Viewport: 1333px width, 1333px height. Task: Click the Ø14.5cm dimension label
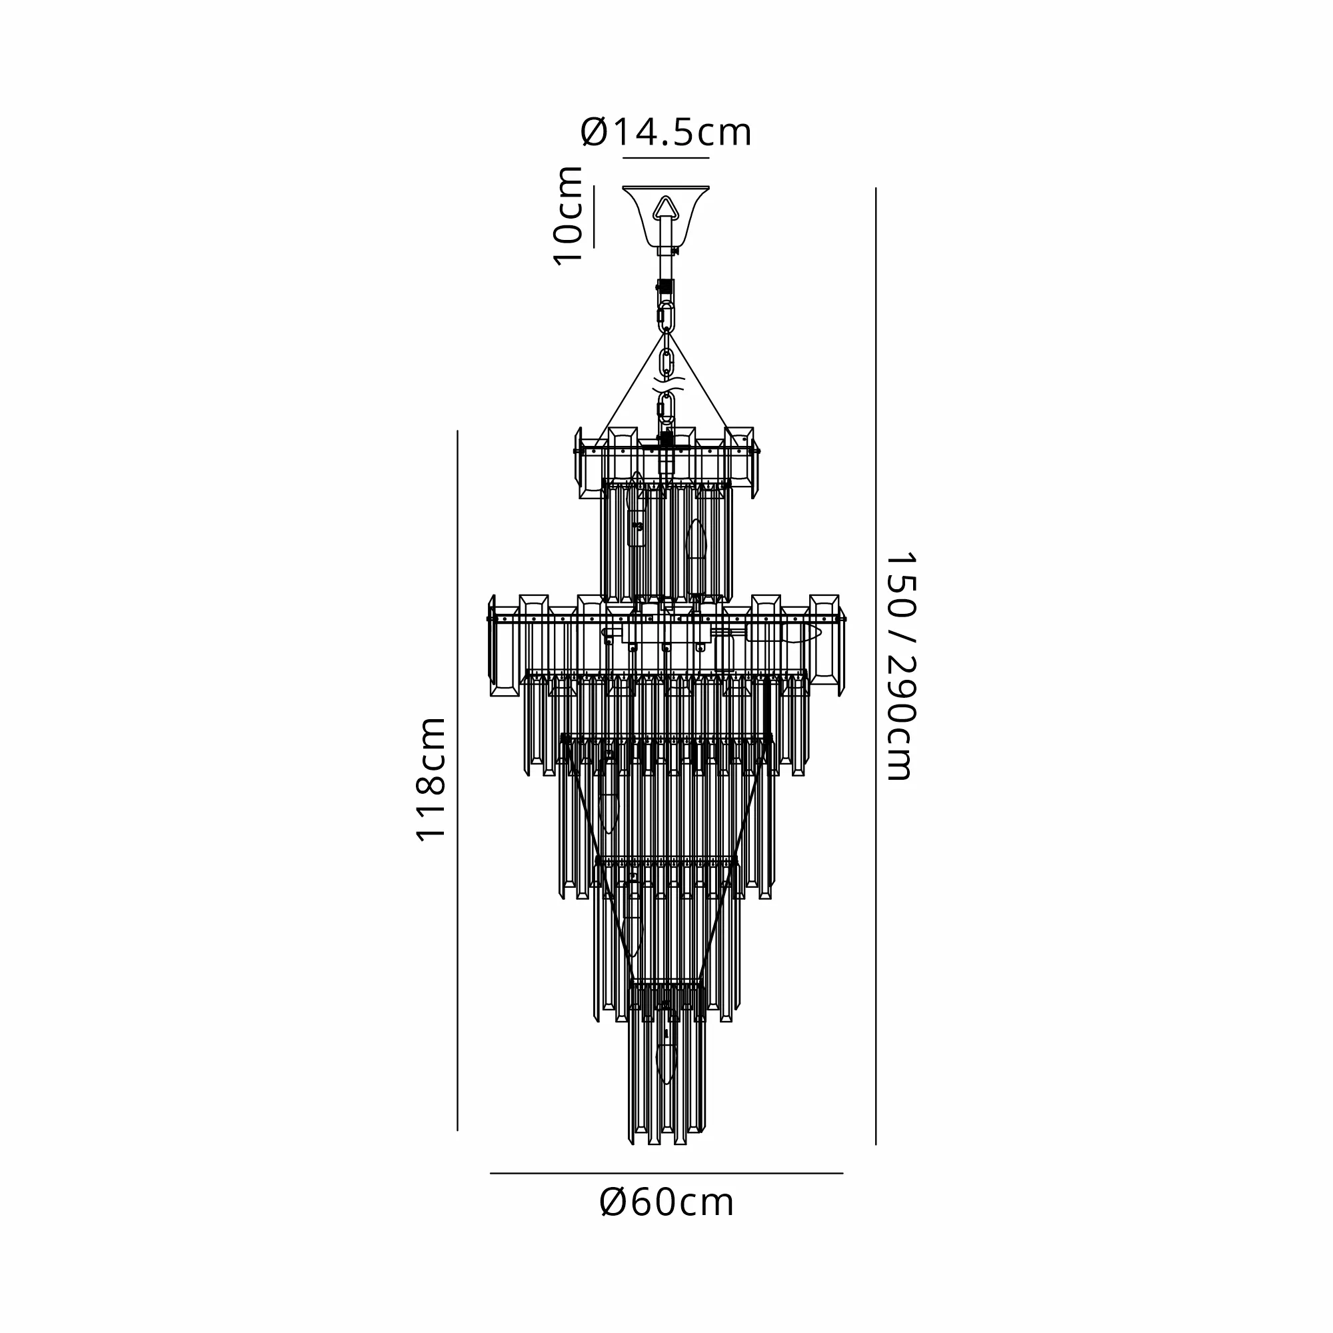pos(666,133)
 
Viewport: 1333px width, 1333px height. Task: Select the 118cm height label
pos(431,779)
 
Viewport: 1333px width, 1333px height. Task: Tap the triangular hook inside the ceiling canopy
pos(665,209)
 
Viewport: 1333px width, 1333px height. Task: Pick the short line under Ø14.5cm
pos(666,158)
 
